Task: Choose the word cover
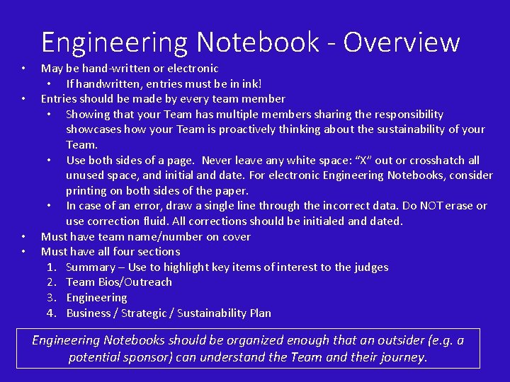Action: click(237, 237)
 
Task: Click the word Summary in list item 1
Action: click(90, 267)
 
